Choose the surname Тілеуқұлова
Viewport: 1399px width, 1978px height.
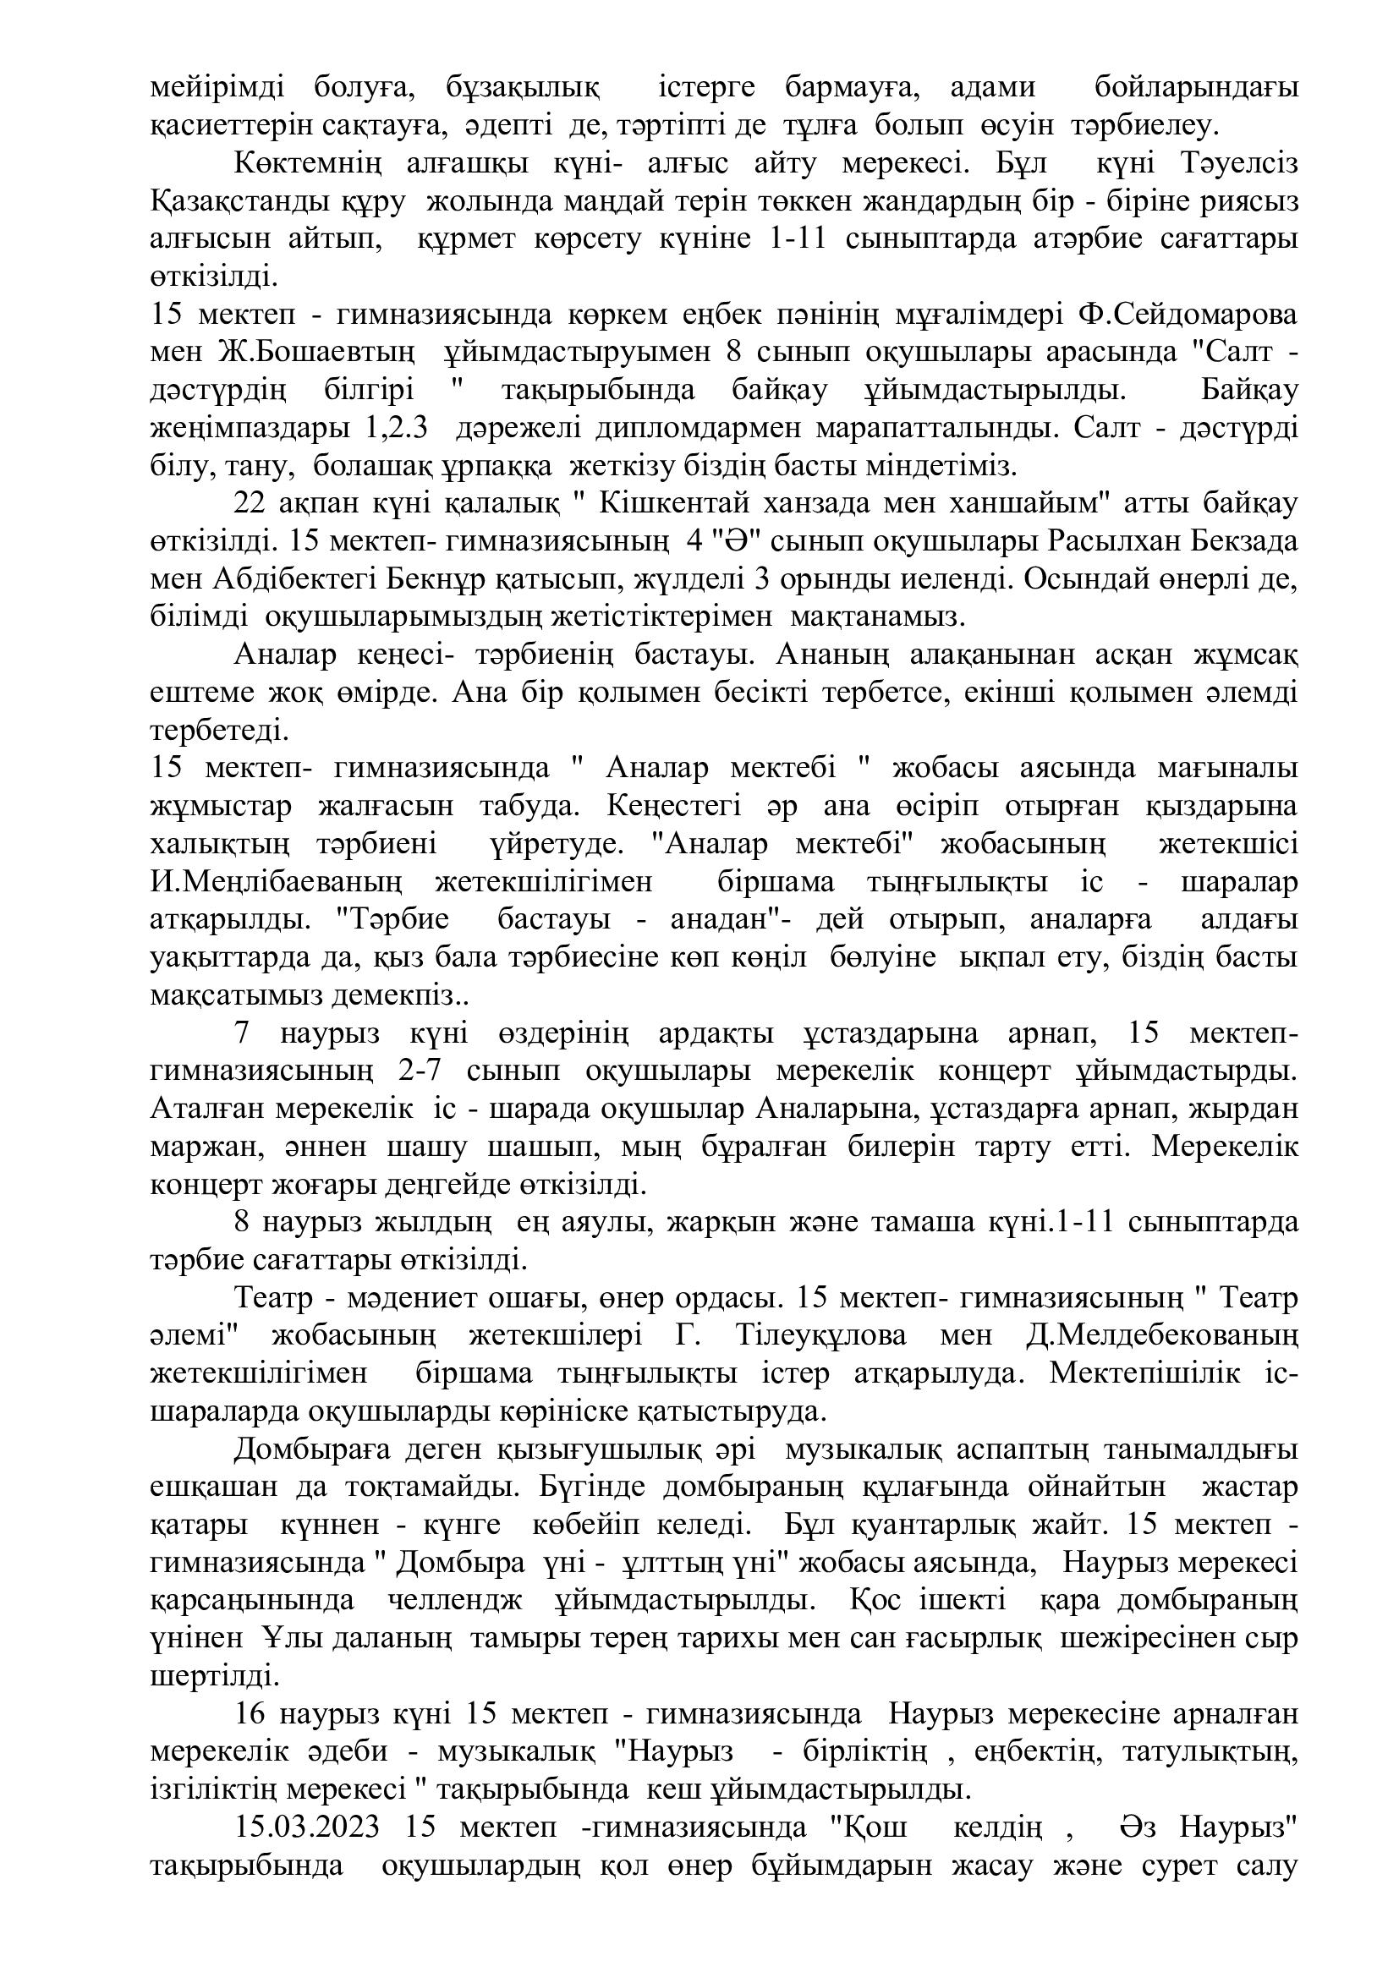click(821, 1336)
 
